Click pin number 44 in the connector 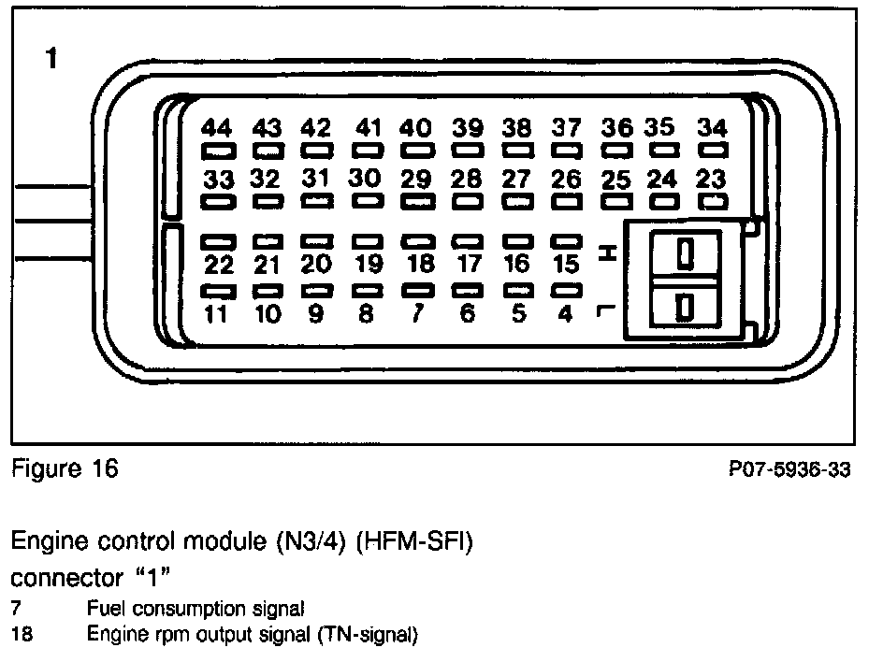pyautogui.click(x=217, y=129)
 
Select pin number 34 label pyautogui.click(x=713, y=128)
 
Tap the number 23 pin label pyautogui.click(x=713, y=179)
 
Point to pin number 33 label pyautogui.click(x=217, y=179)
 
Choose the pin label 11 pyautogui.click(x=217, y=314)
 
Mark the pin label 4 pyautogui.click(x=565, y=314)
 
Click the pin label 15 pyautogui.click(x=565, y=264)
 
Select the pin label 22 pyautogui.click(x=217, y=264)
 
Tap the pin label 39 pyautogui.click(x=467, y=128)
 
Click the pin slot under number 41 pyautogui.click(x=368, y=150)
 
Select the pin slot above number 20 pyautogui.click(x=317, y=241)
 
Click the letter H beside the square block pyautogui.click(x=606, y=252)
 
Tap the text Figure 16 pyautogui.click(x=65, y=468)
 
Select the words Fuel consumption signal pyautogui.click(x=195, y=609)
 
